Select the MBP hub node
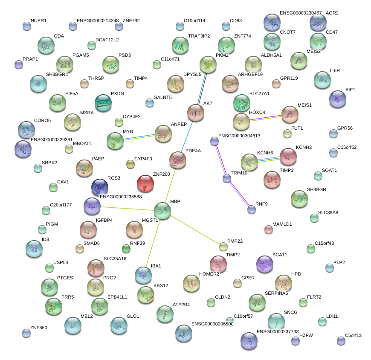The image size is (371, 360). point(162,211)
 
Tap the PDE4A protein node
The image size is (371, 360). point(177,160)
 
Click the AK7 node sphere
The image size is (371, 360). point(196,113)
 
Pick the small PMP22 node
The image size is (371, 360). point(223,246)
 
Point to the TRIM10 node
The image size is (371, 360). point(227,179)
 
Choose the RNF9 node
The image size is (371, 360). point(252,209)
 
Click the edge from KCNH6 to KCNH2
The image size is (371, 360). point(269,159)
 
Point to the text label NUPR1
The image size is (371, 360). point(38,20)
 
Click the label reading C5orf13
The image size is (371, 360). point(353,335)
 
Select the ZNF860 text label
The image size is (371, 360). point(38,328)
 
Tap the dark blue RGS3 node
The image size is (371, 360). point(100,187)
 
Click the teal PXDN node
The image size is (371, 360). point(103,103)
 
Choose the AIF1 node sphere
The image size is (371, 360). point(338,99)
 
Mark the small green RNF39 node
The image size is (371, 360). point(126,249)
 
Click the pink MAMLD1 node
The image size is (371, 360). point(268,229)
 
